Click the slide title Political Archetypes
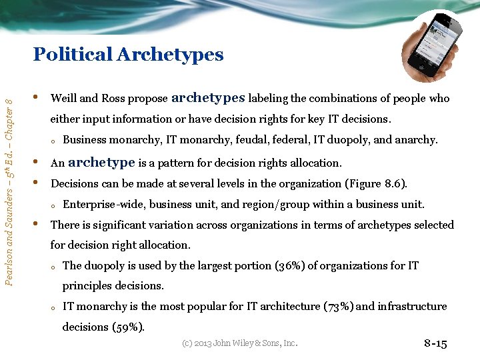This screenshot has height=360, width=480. tap(128, 54)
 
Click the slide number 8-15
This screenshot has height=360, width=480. tap(435, 344)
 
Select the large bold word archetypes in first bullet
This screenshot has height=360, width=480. tap(208, 97)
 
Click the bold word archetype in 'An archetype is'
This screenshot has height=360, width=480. tap(101, 162)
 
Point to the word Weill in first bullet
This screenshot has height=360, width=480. tap(64, 99)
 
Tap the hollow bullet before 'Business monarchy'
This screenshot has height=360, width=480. tap(53, 141)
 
